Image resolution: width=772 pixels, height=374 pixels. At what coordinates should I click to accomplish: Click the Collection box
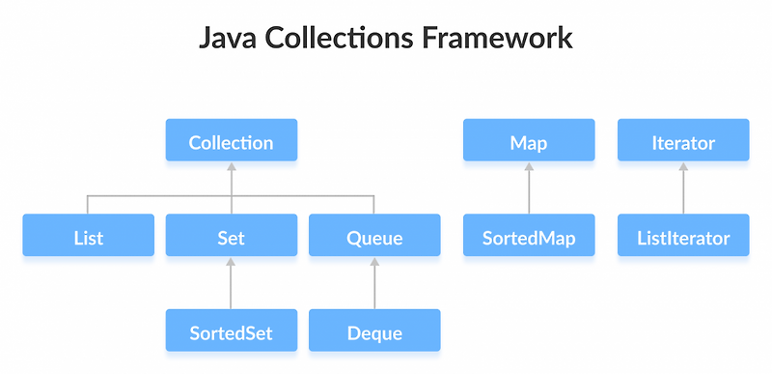pyautogui.click(x=231, y=142)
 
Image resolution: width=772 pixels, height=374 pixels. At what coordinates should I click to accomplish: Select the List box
pyautogui.click(x=88, y=237)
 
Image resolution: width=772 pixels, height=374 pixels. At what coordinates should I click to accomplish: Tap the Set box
pyautogui.click(x=231, y=237)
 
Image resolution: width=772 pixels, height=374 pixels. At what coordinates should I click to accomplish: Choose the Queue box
pyautogui.click(x=374, y=237)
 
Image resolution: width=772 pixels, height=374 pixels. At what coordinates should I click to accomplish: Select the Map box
pyautogui.click(x=528, y=142)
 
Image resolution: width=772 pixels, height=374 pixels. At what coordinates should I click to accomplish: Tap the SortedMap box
pyautogui.click(x=528, y=237)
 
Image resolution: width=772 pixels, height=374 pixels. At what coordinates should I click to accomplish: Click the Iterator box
pyautogui.click(x=682, y=142)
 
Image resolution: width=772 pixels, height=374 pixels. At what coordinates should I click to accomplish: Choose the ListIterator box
pyautogui.click(x=682, y=237)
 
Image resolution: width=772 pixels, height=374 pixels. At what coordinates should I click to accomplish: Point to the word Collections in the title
pyautogui.click(x=347, y=39)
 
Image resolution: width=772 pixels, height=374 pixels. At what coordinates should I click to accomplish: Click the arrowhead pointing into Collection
pyautogui.click(x=231, y=167)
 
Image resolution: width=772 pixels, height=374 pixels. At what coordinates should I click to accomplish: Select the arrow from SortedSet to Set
pyautogui.click(x=231, y=285)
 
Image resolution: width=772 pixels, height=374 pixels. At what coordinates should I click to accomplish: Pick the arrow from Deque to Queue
pyautogui.click(x=374, y=285)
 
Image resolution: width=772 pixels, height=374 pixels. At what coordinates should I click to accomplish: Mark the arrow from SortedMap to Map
pyautogui.click(x=528, y=189)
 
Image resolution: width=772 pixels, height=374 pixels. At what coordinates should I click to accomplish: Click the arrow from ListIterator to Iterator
pyautogui.click(x=682, y=189)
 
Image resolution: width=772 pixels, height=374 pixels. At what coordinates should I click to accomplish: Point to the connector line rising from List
pyautogui.click(x=88, y=205)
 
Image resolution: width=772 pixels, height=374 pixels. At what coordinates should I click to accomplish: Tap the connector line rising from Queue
pyautogui.click(x=374, y=205)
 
